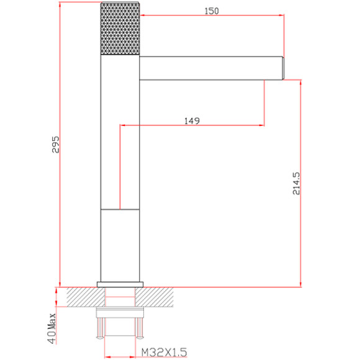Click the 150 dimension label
point(212,11)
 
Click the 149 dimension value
point(192,120)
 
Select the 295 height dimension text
point(55,145)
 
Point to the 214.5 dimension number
point(296,184)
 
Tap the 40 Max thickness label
point(52,328)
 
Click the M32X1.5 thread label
point(164,352)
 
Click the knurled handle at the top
point(120,29)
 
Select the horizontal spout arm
point(211,68)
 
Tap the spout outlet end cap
point(283,68)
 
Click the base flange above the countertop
point(120,284)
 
